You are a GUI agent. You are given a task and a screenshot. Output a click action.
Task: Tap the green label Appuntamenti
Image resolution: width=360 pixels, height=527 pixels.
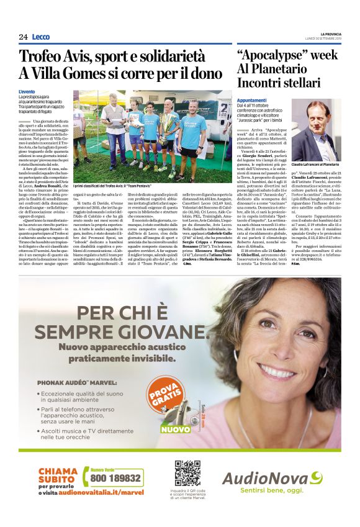coord(252,100)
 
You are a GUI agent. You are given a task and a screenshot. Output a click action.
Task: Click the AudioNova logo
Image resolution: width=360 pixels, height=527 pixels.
coord(273,479)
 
